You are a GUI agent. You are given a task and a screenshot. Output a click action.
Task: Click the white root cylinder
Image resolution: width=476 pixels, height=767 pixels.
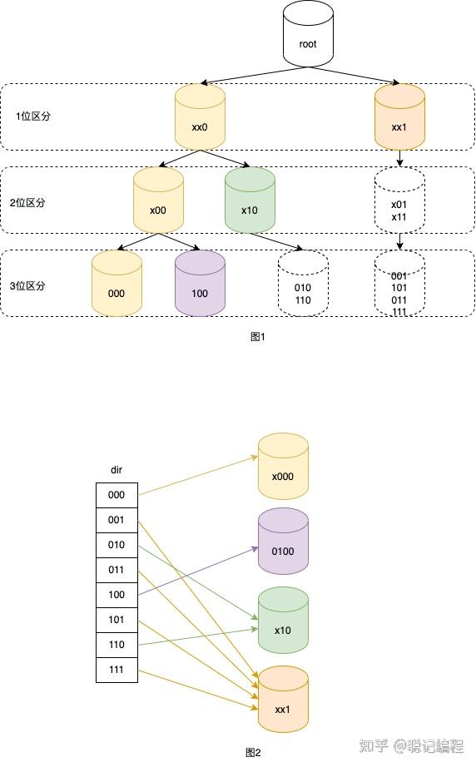pyautogui.click(x=308, y=34)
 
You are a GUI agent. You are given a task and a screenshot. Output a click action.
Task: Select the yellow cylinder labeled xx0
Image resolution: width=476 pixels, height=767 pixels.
pyautogui.click(x=200, y=118)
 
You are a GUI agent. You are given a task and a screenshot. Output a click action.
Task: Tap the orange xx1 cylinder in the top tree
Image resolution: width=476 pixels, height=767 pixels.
pyautogui.click(x=399, y=118)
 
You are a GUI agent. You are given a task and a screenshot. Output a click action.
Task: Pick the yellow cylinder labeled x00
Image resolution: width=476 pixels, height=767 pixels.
pyautogui.click(x=158, y=201)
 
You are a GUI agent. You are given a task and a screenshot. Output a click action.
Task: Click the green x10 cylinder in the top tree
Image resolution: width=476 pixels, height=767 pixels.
pyautogui.click(x=250, y=201)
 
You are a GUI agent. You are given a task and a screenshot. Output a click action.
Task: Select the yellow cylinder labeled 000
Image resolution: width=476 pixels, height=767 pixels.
pyautogui.click(x=117, y=285)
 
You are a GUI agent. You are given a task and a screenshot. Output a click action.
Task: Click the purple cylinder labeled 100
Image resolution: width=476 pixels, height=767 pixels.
pyautogui.click(x=200, y=285)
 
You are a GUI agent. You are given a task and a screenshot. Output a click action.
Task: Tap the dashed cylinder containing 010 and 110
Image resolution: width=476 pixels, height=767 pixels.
pyautogui.click(x=303, y=285)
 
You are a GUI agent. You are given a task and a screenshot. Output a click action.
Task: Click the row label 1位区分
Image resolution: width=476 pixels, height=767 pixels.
pyautogui.click(x=33, y=116)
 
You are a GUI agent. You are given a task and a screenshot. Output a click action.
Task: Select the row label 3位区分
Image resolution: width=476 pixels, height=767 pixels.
pyautogui.click(x=33, y=285)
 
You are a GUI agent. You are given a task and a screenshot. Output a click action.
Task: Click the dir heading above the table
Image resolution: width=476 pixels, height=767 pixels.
pyautogui.click(x=117, y=470)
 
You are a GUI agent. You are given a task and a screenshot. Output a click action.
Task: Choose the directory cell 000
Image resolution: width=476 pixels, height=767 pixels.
pyautogui.click(x=117, y=495)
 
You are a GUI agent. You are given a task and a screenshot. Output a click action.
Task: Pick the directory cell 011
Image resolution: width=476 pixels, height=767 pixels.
pyautogui.click(x=117, y=570)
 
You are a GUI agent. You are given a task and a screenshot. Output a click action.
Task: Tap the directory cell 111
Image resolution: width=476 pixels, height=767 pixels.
pyautogui.click(x=117, y=670)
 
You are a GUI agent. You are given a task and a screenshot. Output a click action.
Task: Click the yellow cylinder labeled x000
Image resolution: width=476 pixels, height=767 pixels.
pyautogui.click(x=283, y=468)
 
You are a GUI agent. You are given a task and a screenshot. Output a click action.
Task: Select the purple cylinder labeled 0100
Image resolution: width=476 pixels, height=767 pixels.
pyautogui.click(x=283, y=542)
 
